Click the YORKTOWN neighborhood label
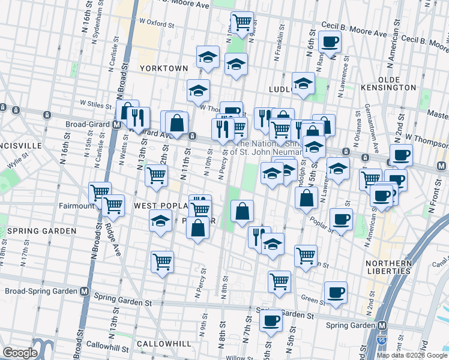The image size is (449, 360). point(164,68)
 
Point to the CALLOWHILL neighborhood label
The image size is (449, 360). point(163,344)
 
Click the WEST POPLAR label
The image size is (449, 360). point(158,206)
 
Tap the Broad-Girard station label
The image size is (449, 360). point(88,125)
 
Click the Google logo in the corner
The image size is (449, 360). point(20,352)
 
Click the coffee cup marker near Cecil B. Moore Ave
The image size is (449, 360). point(330,42)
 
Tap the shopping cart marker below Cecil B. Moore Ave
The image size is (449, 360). point(241,22)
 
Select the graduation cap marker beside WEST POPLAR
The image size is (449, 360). point(161,220)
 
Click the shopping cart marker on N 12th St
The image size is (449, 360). point(156,176)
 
